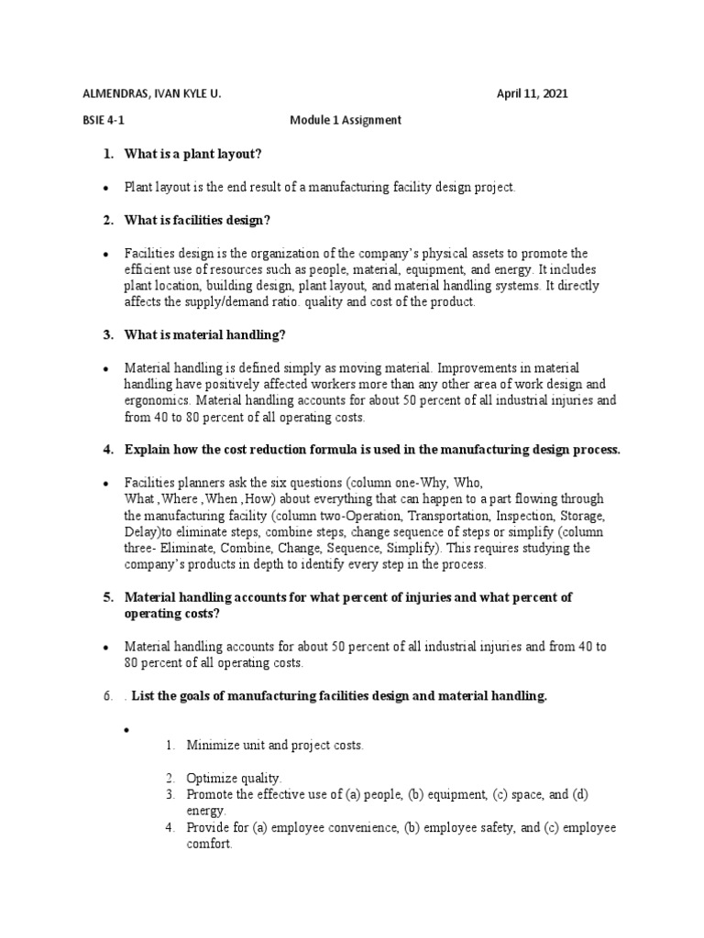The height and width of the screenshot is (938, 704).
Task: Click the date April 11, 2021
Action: [x=537, y=94]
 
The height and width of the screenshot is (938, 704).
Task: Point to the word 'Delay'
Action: [x=141, y=532]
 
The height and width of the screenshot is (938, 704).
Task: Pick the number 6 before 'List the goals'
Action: [x=105, y=697]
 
